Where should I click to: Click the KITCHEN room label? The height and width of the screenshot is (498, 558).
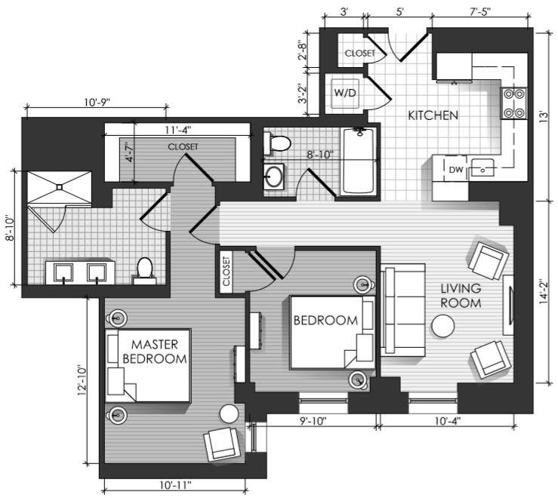pyautogui.click(x=433, y=115)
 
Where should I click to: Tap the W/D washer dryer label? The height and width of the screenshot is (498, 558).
pyautogui.click(x=345, y=93)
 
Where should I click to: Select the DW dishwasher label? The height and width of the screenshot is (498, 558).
pyautogui.click(x=456, y=170)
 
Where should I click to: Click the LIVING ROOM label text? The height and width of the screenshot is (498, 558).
pyautogui.click(x=461, y=296)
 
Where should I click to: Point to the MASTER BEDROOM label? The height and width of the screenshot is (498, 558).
pyautogui.click(x=155, y=352)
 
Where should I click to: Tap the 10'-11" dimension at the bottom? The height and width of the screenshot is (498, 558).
pyautogui.click(x=175, y=484)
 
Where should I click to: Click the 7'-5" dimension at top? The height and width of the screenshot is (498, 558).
pyautogui.click(x=479, y=11)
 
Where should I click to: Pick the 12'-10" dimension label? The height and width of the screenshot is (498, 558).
pyautogui.click(x=82, y=380)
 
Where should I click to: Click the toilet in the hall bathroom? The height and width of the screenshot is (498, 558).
pyautogui.click(x=278, y=143)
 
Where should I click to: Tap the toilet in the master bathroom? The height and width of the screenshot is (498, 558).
pyautogui.click(x=144, y=270)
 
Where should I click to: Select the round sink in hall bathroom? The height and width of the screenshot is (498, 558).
pyautogui.click(x=274, y=176)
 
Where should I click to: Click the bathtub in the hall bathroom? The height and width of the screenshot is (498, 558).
pyautogui.click(x=359, y=161)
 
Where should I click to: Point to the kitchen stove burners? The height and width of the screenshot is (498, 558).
pyautogui.click(x=514, y=103)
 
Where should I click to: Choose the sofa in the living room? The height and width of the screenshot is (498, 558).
pyautogui.click(x=403, y=310)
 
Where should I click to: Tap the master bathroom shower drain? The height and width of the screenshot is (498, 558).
pyautogui.click(x=60, y=186)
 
